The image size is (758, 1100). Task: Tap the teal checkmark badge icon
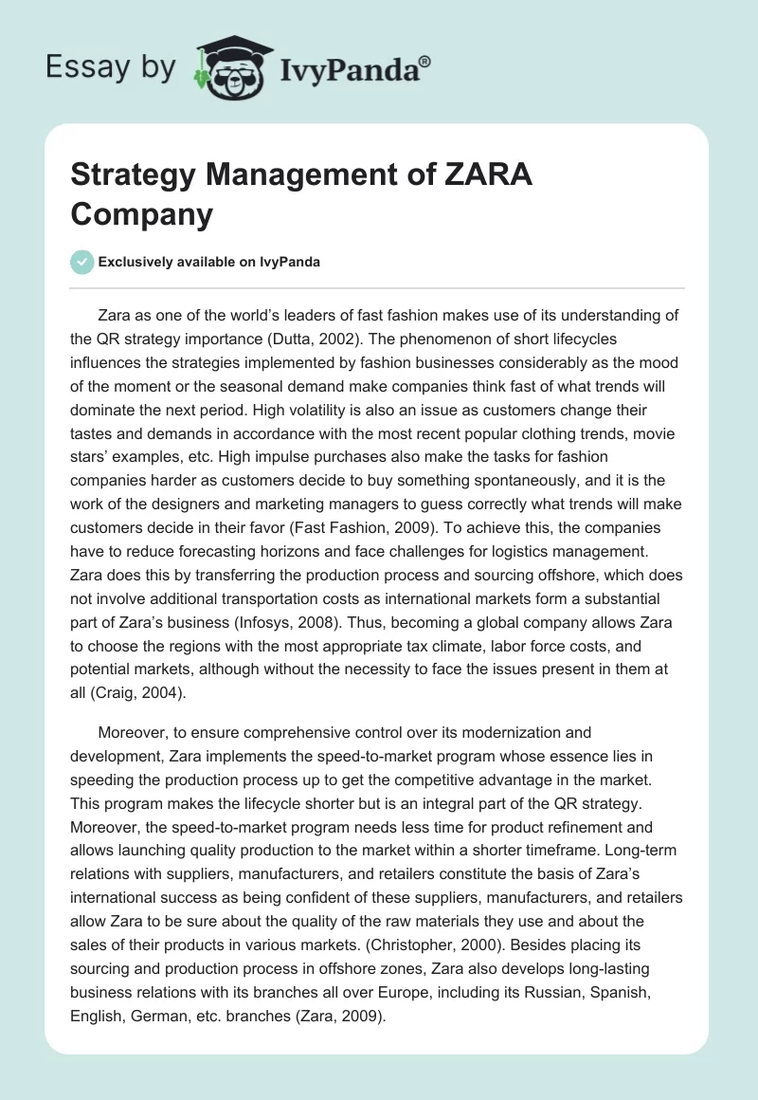(82, 262)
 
